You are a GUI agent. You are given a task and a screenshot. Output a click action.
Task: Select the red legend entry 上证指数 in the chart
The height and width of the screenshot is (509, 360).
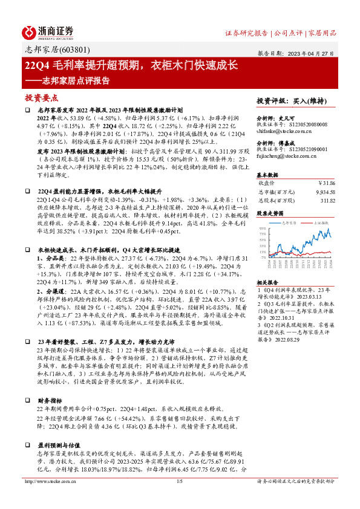click(320, 222)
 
